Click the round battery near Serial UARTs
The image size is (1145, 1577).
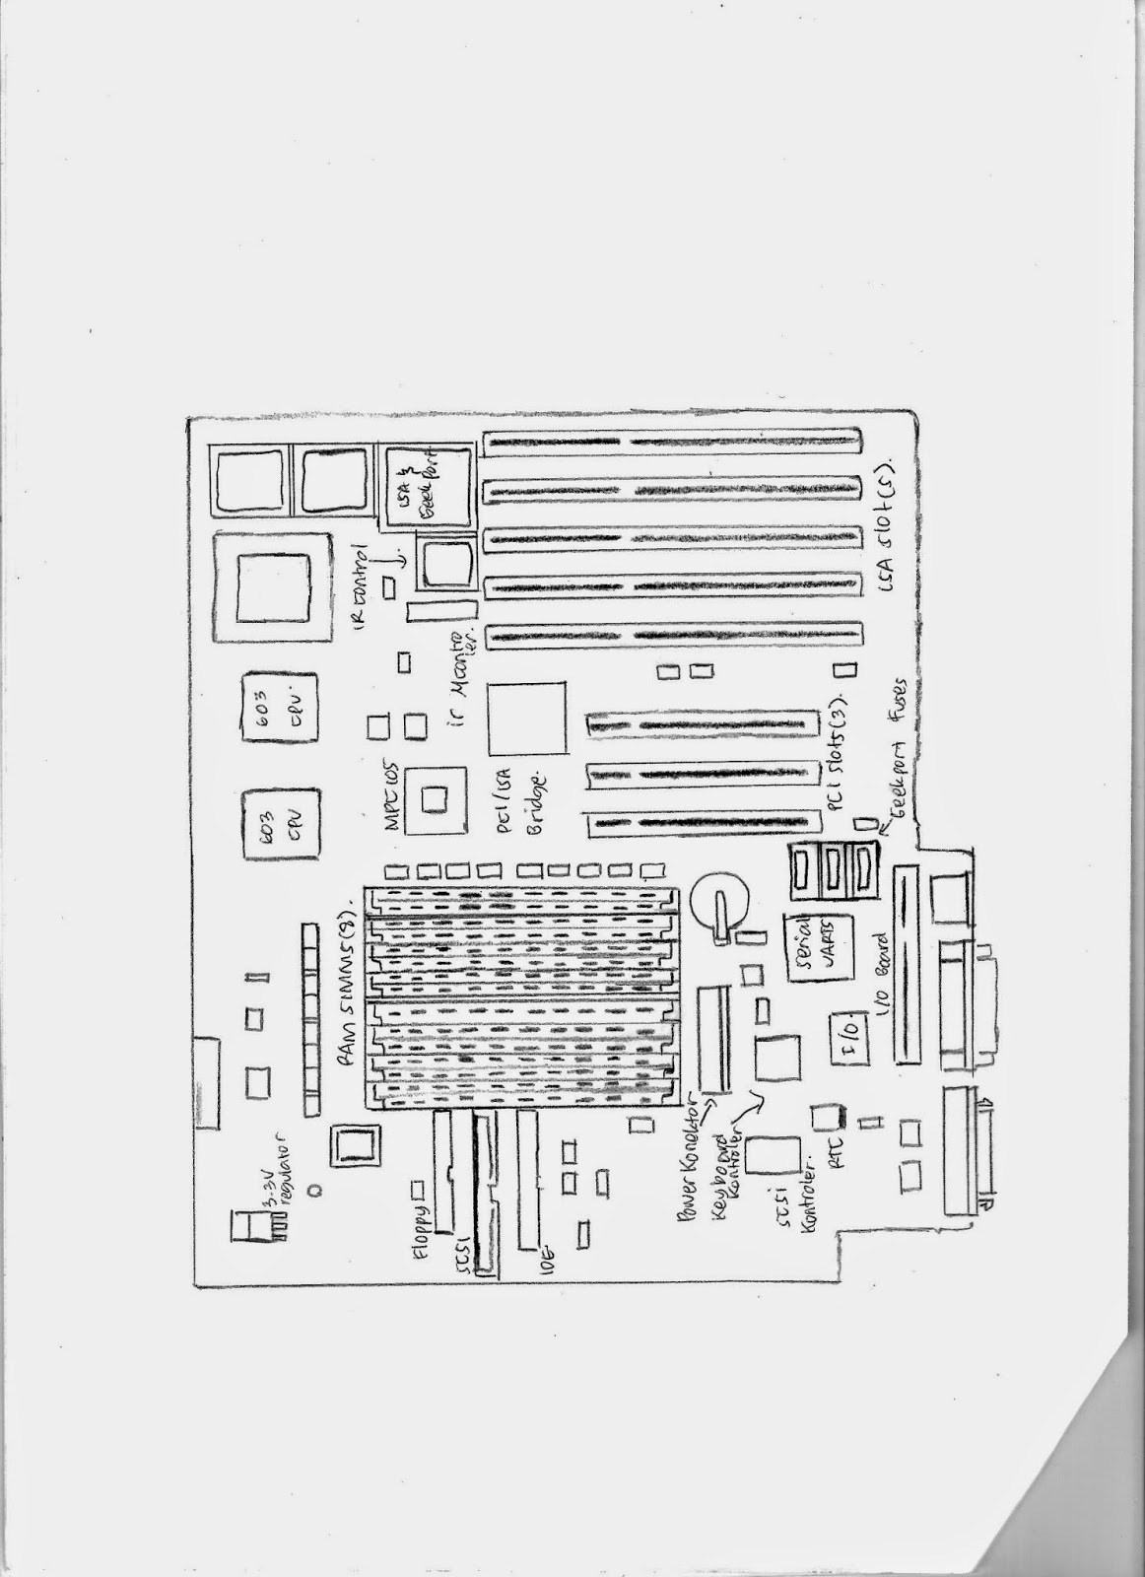(x=721, y=899)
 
